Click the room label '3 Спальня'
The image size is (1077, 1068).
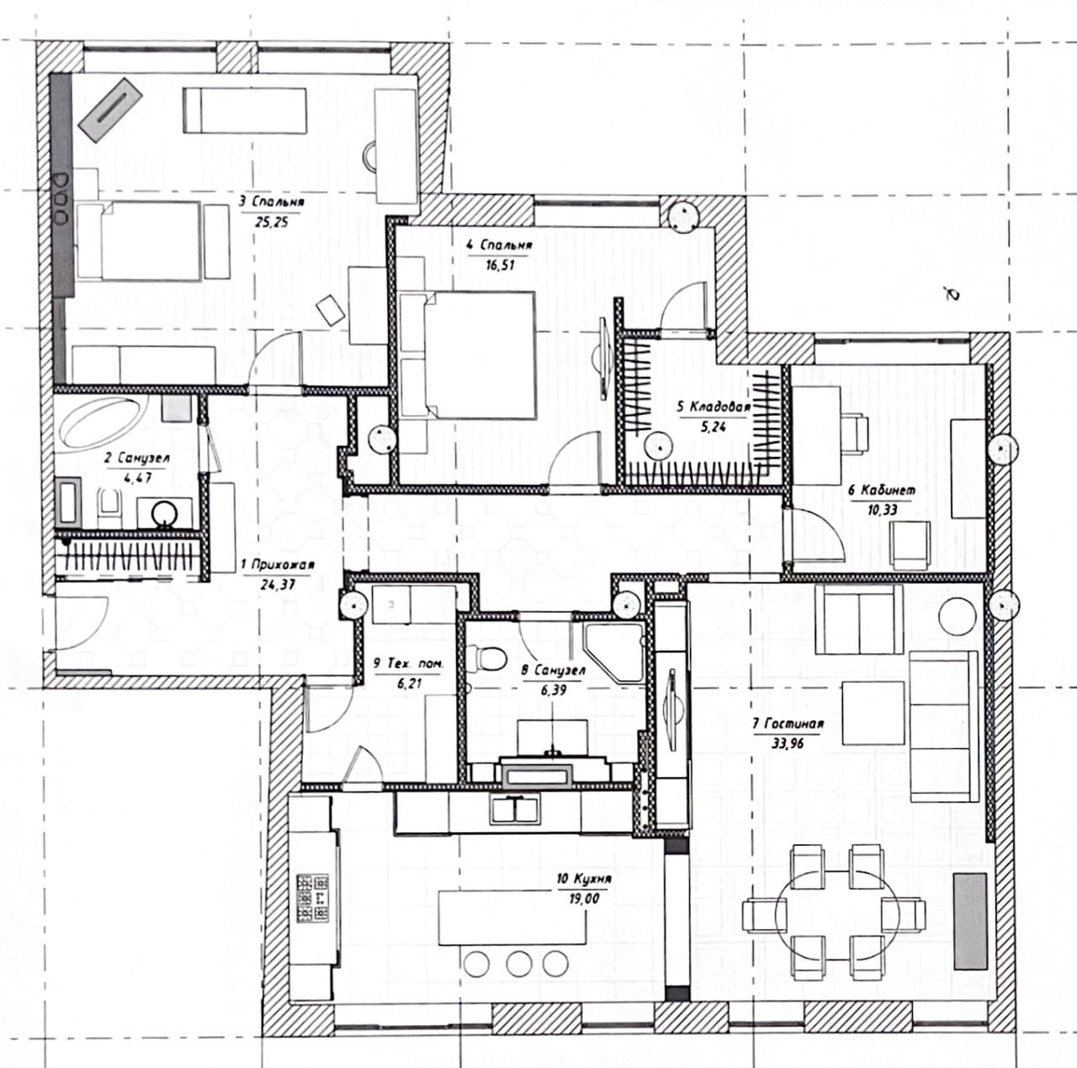[271, 202]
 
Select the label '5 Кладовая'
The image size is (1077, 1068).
[713, 407]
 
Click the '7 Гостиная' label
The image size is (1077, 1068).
[788, 723]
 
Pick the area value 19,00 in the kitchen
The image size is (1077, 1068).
[583, 897]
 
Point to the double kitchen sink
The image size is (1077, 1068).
[515, 810]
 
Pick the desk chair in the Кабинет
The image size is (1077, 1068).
[856, 430]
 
